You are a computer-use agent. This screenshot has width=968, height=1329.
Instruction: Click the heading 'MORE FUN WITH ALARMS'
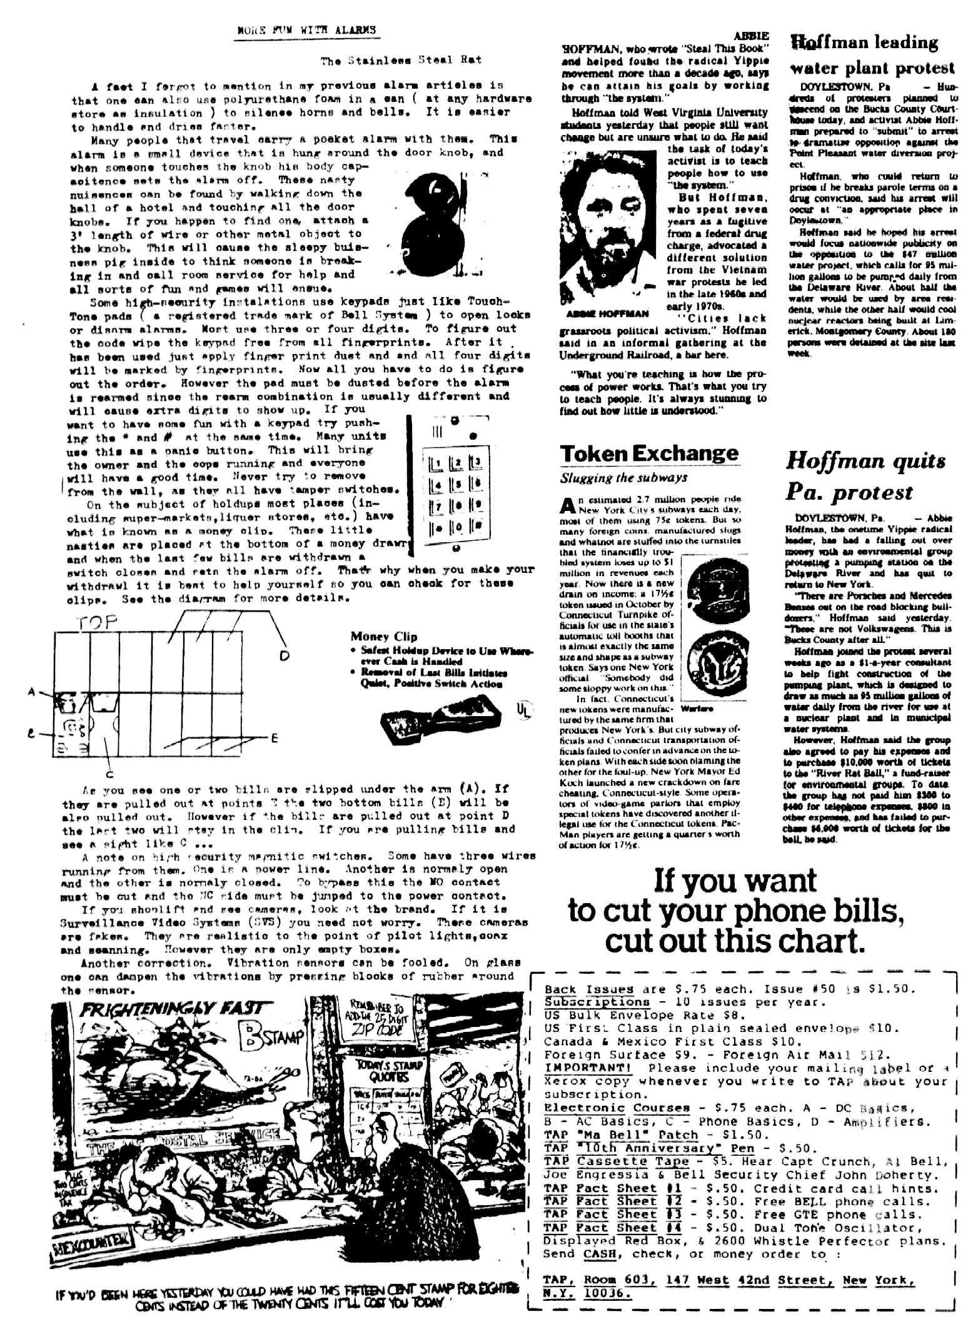[306, 30]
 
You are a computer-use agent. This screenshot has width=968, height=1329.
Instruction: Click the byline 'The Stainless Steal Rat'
[401, 61]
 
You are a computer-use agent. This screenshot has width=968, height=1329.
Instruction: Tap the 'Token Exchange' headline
[648, 453]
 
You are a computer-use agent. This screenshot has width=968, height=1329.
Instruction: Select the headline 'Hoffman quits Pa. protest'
[865, 477]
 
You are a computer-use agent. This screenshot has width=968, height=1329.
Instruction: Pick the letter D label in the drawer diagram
[285, 656]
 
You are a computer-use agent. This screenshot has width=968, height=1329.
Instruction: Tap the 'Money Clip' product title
[383, 637]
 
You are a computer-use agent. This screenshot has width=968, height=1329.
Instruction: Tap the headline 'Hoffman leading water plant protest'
[873, 54]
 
